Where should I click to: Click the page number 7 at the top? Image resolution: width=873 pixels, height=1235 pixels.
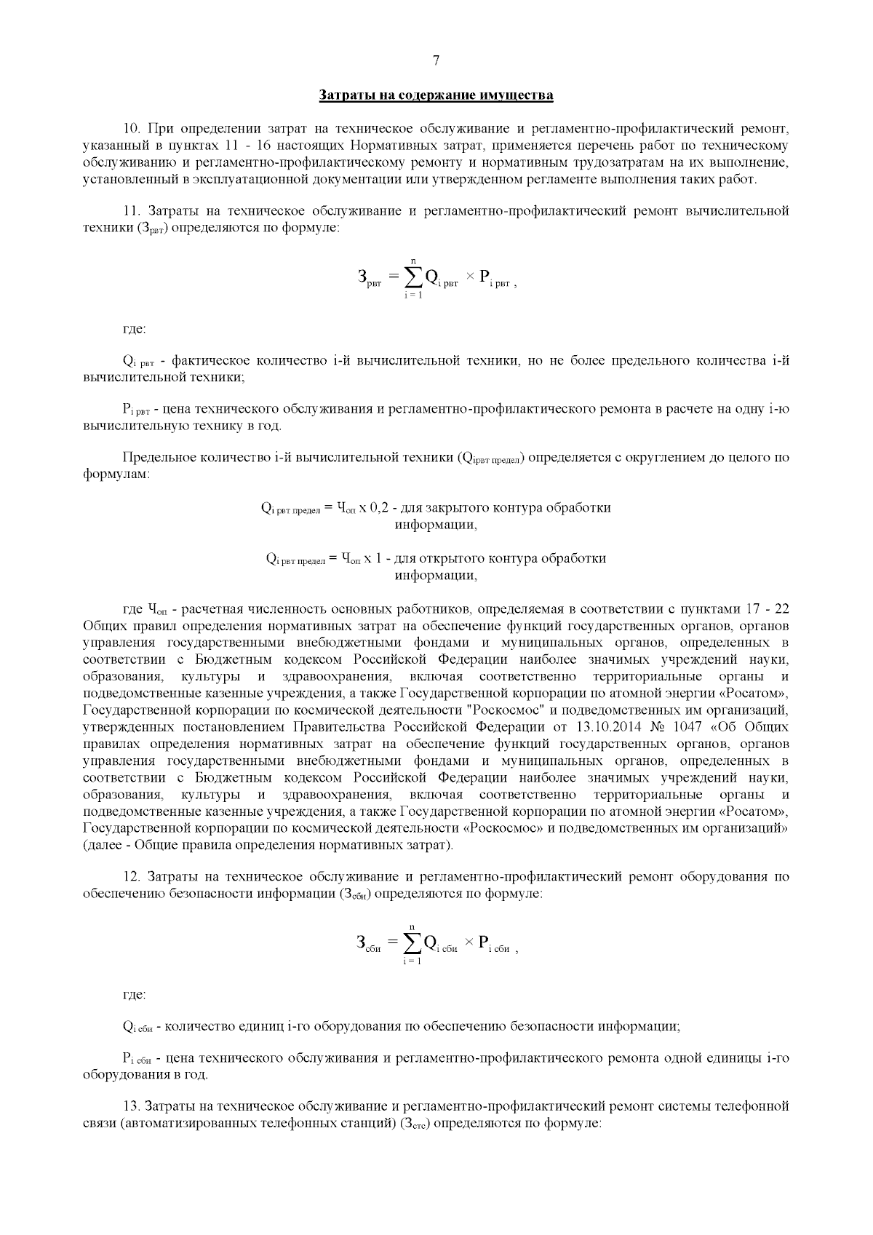(x=436, y=60)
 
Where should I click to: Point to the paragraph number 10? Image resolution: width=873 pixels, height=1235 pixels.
(x=131, y=129)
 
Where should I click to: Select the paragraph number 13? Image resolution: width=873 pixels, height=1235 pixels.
(x=131, y=1106)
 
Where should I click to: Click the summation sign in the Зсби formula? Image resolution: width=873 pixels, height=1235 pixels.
(x=412, y=944)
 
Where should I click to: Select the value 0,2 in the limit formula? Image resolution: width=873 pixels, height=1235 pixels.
(x=380, y=507)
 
